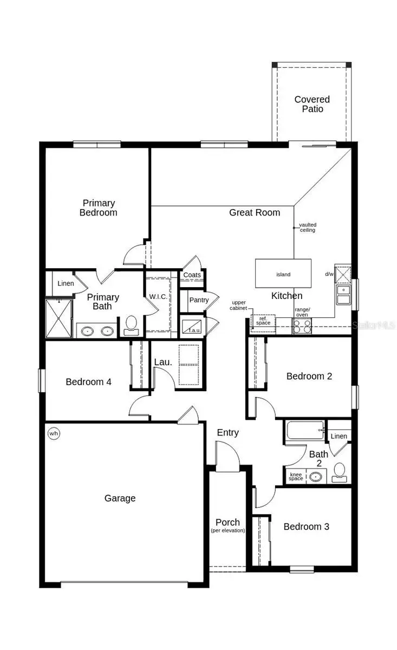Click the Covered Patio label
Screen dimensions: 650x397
312,104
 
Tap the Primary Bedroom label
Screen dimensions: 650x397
98,207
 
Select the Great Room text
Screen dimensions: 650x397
255,212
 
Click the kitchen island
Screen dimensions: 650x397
283,274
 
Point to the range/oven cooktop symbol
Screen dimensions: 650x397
302,326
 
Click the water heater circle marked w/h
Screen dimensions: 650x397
54,433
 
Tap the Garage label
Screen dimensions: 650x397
120,498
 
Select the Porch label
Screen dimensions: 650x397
227,523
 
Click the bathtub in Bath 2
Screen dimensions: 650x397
304,431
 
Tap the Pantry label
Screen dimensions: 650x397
199,300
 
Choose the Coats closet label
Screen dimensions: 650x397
192,275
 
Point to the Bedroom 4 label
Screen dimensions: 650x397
88,382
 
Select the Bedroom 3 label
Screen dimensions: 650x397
306,526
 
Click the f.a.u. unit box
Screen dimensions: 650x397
192,327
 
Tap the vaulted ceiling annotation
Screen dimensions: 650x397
308,227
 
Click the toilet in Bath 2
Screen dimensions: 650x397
340,472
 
